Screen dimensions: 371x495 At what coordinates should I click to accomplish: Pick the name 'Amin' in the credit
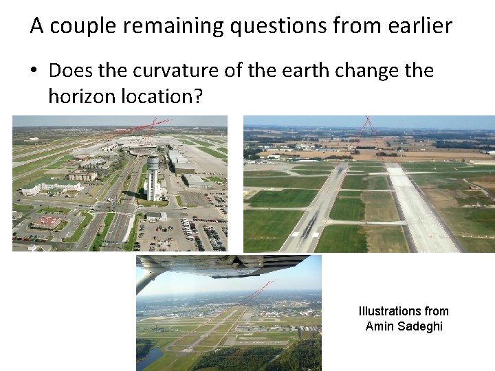click(379, 326)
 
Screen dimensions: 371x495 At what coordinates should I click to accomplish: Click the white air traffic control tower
click(153, 175)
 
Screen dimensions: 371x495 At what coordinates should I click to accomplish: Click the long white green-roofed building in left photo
click(52, 185)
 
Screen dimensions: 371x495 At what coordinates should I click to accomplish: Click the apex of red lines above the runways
click(368, 124)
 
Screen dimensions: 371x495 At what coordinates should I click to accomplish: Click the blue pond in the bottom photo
click(148, 358)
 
